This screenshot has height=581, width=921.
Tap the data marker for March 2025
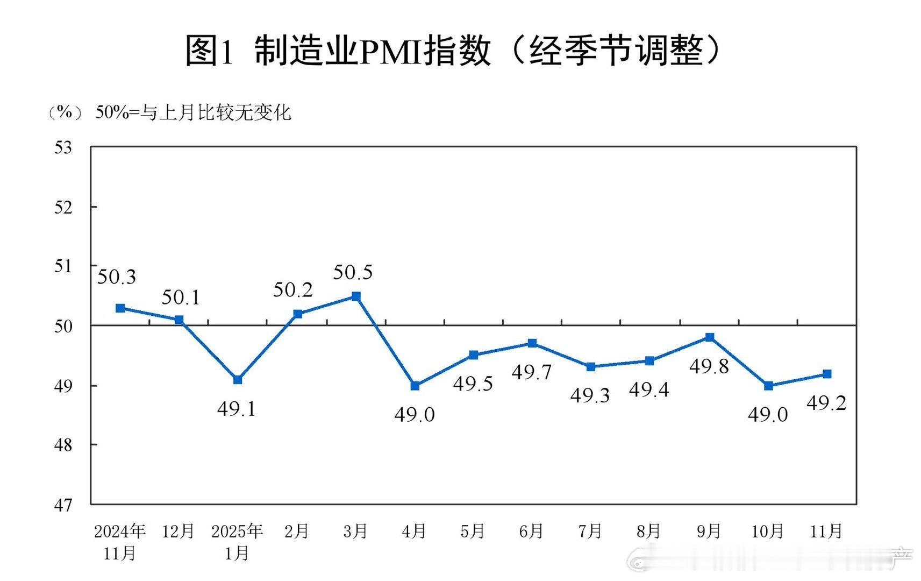tap(356, 296)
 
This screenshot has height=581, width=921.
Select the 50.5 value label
tap(353, 273)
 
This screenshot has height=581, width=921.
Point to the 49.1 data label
tap(237, 409)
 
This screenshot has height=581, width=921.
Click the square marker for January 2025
tap(238, 380)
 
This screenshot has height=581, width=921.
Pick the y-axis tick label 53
tap(63, 147)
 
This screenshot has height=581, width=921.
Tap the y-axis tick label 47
tap(63, 505)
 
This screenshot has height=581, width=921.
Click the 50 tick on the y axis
tap(63, 326)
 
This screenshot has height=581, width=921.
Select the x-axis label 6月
tap(531, 532)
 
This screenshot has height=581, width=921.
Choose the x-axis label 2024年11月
tap(120, 542)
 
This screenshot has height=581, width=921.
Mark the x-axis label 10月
tap(767, 532)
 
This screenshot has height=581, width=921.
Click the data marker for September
tap(710, 337)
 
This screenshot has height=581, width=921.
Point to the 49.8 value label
tap(709, 367)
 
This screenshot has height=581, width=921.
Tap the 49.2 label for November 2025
tap(826, 403)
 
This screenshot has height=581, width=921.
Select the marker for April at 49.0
tap(415, 386)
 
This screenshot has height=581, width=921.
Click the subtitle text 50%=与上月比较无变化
tap(193, 113)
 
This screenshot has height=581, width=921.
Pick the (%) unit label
tap(65, 112)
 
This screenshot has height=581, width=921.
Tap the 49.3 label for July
tap(590, 396)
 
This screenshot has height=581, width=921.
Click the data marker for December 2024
tap(179, 320)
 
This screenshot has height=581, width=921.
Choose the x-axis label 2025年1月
tap(237, 542)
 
